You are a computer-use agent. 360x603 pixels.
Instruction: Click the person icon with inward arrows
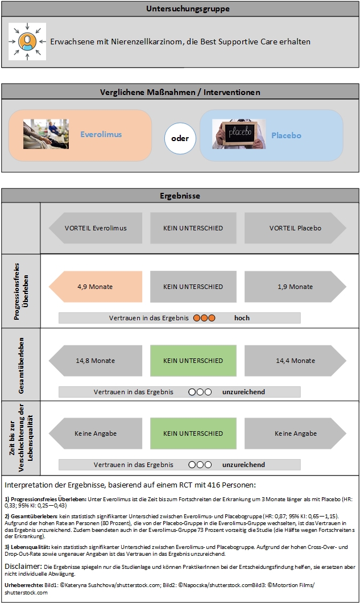point(27,42)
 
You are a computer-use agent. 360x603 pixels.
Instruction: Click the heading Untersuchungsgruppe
point(180,9)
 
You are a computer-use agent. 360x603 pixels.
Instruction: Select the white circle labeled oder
point(180,138)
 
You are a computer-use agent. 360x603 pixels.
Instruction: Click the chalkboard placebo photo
point(239,134)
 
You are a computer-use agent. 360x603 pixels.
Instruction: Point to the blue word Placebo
point(285,135)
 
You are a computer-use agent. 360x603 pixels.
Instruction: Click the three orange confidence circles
point(204,318)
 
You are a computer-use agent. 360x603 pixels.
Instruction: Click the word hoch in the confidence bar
point(242,318)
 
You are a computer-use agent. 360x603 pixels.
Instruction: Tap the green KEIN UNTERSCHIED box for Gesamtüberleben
point(193,360)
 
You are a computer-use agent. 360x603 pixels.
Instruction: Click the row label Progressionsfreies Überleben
point(20,291)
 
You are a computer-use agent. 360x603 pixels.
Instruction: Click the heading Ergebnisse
point(180,196)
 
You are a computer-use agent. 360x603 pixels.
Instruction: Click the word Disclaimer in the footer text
point(23,567)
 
